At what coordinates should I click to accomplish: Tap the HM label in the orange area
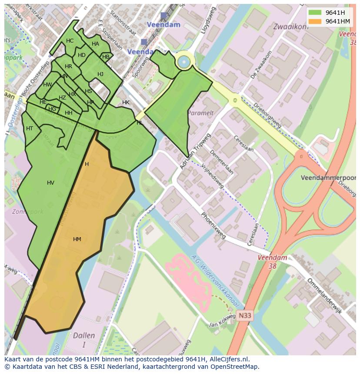77,239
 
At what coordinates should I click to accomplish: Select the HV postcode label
50,183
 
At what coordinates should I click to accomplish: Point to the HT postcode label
30,129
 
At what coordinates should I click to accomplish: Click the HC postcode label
70,41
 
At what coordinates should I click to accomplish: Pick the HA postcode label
95,44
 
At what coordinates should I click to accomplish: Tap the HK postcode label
126,103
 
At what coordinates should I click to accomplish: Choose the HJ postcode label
100,74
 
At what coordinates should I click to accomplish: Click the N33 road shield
244,316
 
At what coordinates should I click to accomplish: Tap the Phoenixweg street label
213,225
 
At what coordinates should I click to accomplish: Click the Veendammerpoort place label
328,178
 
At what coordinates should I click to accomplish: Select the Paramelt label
200,113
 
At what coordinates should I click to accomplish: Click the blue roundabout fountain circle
184,62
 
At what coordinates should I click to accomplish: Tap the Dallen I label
84,340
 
